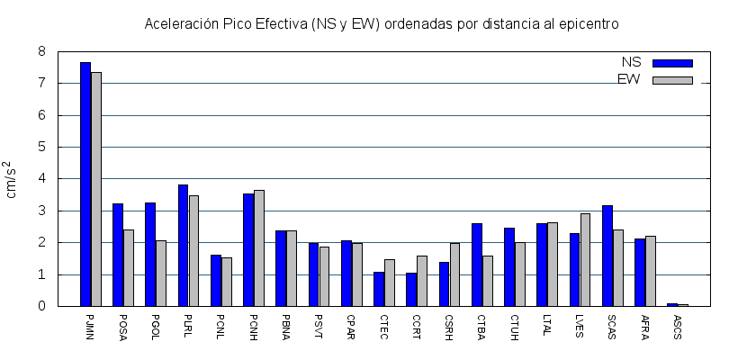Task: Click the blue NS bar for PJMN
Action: click(85, 184)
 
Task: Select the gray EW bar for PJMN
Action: click(96, 189)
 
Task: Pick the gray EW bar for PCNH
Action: click(259, 248)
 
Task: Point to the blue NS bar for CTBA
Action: click(477, 265)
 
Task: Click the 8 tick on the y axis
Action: click(41, 51)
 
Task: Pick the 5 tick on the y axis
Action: click(41, 147)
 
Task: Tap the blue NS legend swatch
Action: click(672, 63)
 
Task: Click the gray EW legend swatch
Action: click(672, 80)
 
